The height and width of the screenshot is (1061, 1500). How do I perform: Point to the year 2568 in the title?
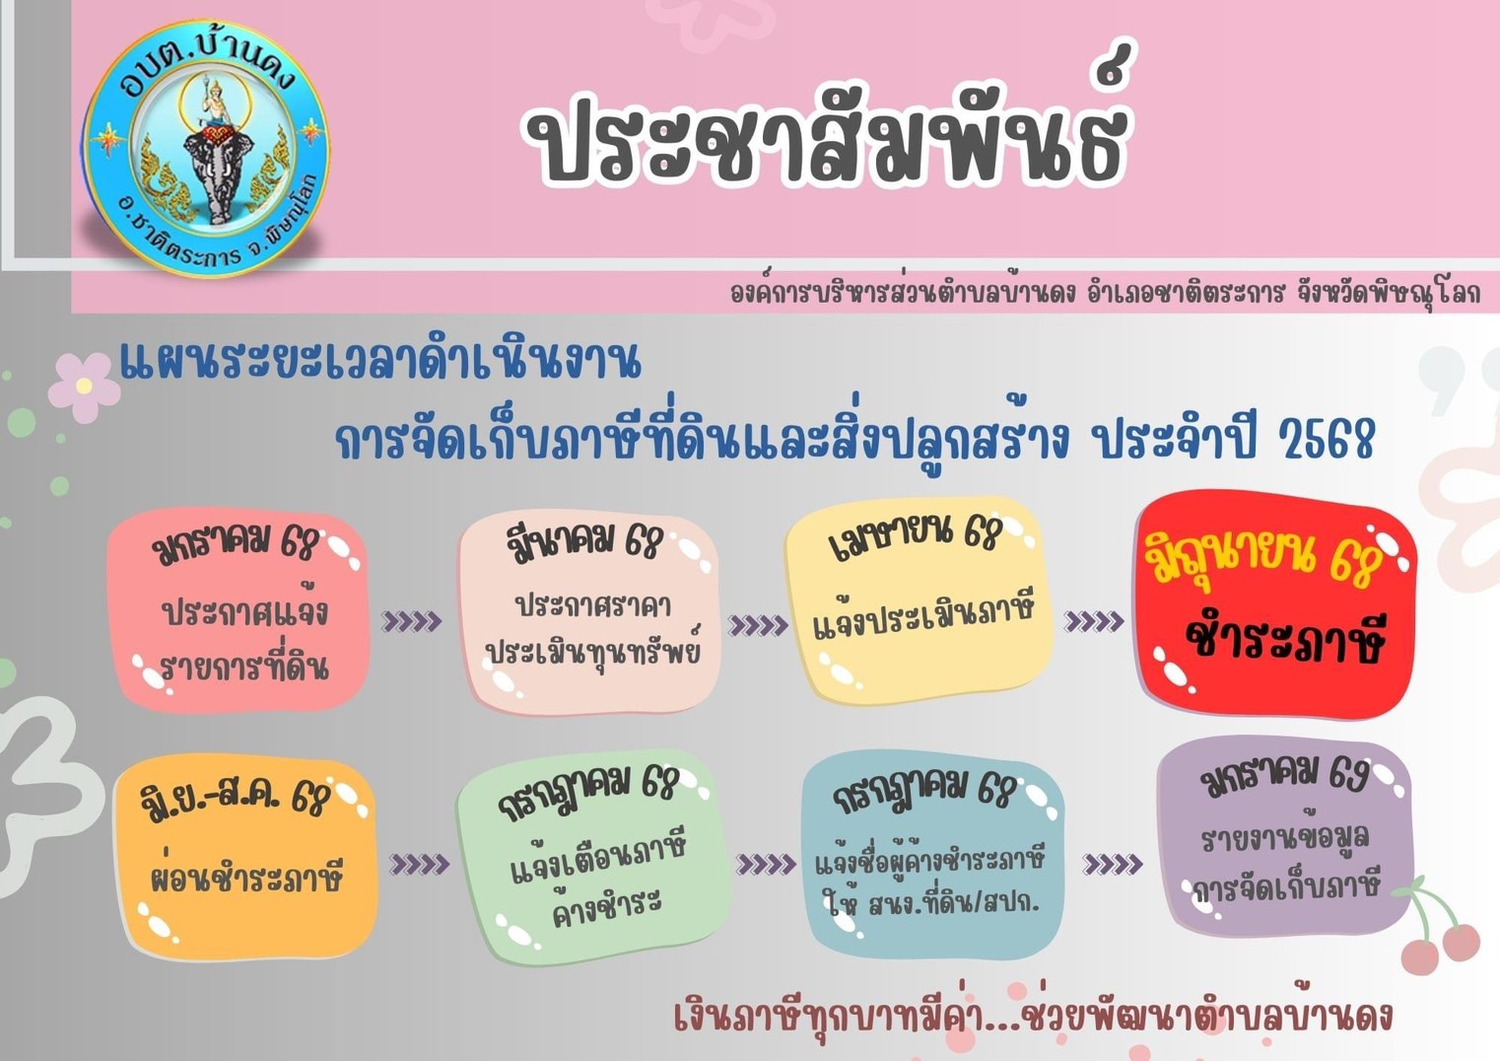pos(1327,439)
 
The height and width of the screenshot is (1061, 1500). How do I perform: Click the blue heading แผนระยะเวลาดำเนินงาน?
pos(380,362)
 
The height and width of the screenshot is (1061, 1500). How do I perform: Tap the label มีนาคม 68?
pos(583,542)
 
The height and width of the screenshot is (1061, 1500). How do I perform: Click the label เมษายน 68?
pos(915,539)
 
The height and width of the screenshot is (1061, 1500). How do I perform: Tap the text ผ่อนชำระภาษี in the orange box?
pos(246,874)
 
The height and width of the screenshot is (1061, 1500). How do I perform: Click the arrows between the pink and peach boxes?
pos(411,621)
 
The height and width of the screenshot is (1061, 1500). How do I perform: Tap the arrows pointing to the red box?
pos(1094,621)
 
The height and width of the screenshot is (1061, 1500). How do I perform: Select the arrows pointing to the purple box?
pos(1113,865)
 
